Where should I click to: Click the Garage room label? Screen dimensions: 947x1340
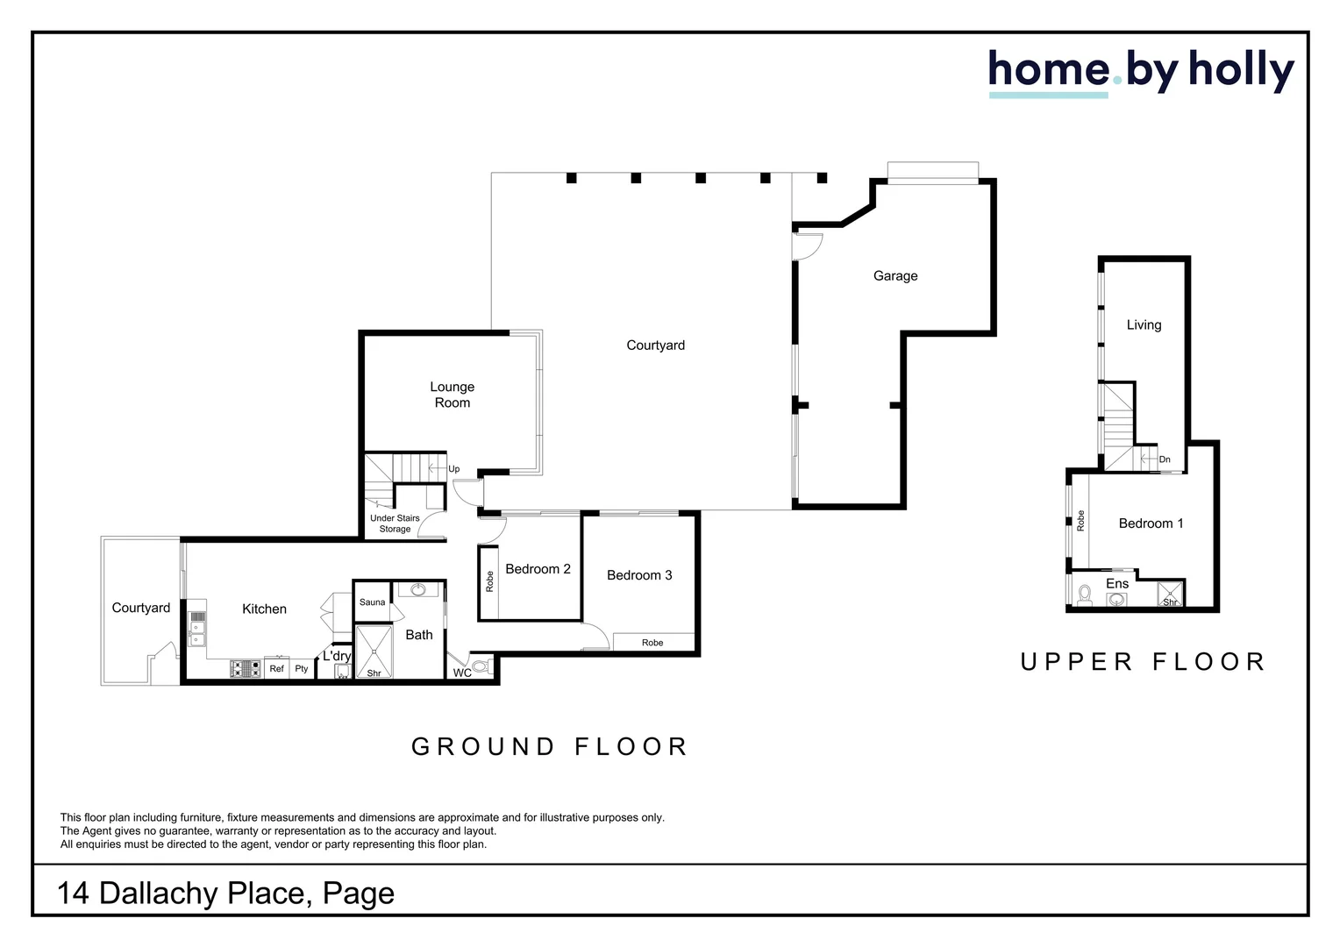tap(895, 275)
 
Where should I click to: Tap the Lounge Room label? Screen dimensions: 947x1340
tap(452, 395)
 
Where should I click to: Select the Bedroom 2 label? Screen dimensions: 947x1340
tap(538, 569)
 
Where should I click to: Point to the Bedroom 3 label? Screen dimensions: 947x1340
tap(639, 575)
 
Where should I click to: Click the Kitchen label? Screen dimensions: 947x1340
tap(264, 609)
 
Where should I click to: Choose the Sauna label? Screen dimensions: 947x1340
tap(372, 602)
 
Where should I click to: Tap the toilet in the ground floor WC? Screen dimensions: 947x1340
tap(481, 668)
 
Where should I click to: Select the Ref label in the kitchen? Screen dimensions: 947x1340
tap(276, 669)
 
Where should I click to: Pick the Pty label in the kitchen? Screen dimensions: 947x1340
tap(302, 669)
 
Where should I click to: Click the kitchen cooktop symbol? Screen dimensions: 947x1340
tap(246, 669)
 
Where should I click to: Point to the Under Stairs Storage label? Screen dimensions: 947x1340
tap(395, 523)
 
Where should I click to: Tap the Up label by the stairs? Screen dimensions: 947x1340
tap(453, 469)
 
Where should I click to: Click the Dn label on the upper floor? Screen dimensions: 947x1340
tap(1165, 459)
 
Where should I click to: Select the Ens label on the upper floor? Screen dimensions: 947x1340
tap(1116, 584)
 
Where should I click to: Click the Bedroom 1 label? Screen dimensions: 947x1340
tap(1151, 523)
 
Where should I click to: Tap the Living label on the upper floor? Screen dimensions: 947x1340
tap(1144, 324)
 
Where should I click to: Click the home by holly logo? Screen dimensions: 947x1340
tap(1140, 72)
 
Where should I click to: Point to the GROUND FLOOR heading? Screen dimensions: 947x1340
tap(550, 746)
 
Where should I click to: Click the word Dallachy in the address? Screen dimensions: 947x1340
tap(159, 893)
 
